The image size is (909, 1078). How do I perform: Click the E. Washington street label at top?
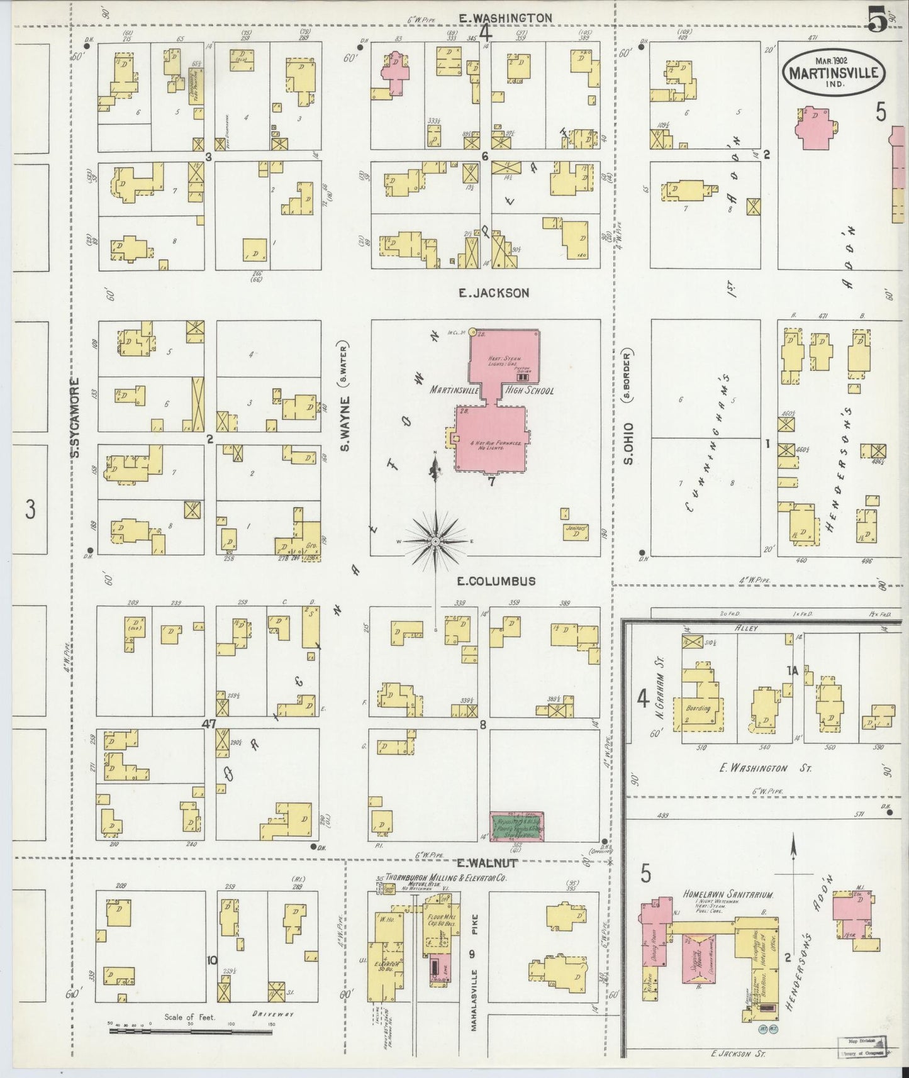[505, 18]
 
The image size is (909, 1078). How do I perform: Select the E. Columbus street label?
[496, 581]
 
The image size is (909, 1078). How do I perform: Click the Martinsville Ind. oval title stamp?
[834, 71]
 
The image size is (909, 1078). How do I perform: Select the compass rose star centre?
[435, 541]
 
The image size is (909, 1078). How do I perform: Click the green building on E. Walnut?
[517, 826]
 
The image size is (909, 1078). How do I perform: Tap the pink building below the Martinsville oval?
[818, 127]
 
